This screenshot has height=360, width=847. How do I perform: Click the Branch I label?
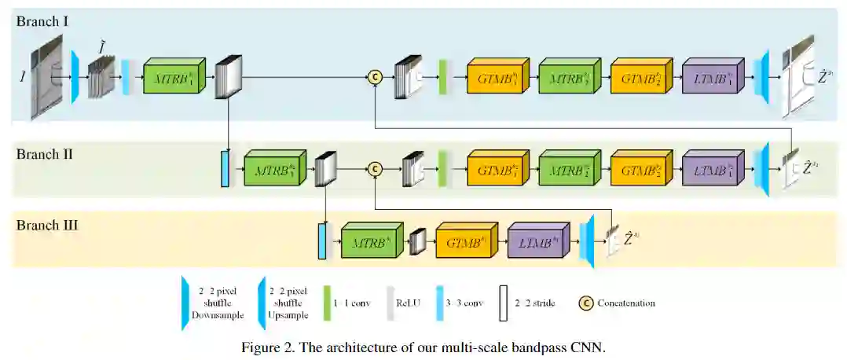click(42, 21)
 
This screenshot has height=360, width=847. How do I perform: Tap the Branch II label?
click(45, 153)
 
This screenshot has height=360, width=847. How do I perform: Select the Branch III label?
click(47, 226)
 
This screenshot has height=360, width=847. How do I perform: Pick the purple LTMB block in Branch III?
click(537, 243)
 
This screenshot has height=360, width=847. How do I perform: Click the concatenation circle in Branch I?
click(375, 76)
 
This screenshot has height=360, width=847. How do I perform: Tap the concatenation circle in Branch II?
click(375, 168)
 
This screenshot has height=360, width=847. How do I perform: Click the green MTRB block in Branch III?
click(371, 243)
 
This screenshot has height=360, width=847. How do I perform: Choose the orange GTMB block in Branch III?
click(464, 243)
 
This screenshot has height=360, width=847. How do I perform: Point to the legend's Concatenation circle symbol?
click(585, 302)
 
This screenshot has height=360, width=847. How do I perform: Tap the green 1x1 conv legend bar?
click(327, 303)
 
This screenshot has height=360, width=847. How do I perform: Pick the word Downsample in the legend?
click(217, 314)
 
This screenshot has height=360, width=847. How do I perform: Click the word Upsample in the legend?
click(291, 314)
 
